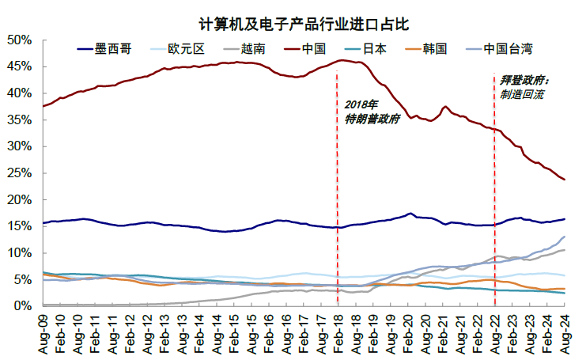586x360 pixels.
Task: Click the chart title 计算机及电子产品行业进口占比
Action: pos(292,24)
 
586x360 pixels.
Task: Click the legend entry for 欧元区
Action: pos(187,48)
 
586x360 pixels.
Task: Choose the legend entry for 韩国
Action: pos(434,48)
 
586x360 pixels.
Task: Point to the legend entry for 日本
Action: pos(375,48)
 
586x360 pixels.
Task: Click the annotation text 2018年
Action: pos(361,104)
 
